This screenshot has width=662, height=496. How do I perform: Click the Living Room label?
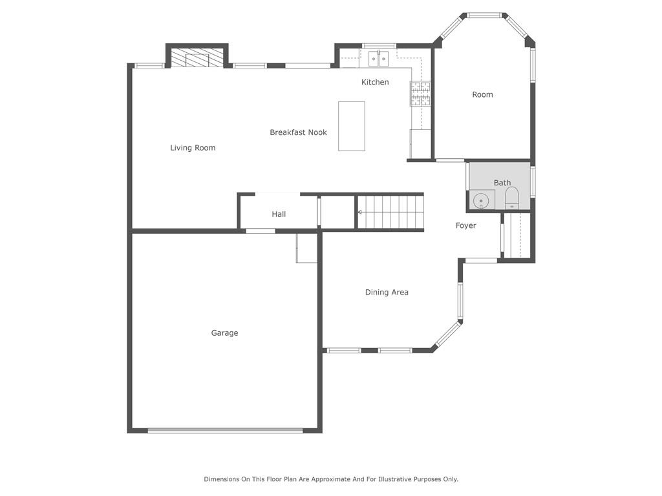[x=193, y=148]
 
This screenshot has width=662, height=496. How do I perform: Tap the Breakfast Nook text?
[x=298, y=132]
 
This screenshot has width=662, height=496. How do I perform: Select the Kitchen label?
[x=375, y=82]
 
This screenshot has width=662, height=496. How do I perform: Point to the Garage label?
[x=224, y=333]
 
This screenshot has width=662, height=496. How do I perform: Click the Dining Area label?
[x=387, y=293]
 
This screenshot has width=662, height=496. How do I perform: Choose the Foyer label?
[x=465, y=225]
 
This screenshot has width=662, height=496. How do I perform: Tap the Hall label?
[x=279, y=214]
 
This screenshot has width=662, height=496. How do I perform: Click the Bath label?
[x=502, y=183]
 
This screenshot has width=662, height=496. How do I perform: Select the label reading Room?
[x=482, y=94]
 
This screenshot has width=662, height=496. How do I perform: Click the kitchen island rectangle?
[x=351, y=126]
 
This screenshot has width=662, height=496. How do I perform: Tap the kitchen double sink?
[x=379, y=59]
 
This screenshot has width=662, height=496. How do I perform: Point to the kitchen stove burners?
[x=420, y=93]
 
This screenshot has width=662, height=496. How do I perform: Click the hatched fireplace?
[x=197, y=57]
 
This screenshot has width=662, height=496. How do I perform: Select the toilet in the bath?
[x=512, y=198]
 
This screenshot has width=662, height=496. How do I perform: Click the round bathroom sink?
[x=480, y=201]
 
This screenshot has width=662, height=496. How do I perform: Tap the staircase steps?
[x=390, y=212]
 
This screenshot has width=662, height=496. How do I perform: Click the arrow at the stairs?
[x=360, y=212]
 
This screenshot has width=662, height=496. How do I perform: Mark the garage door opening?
[x=225, y=431]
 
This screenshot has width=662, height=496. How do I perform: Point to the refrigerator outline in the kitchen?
[x=420, y=144]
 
